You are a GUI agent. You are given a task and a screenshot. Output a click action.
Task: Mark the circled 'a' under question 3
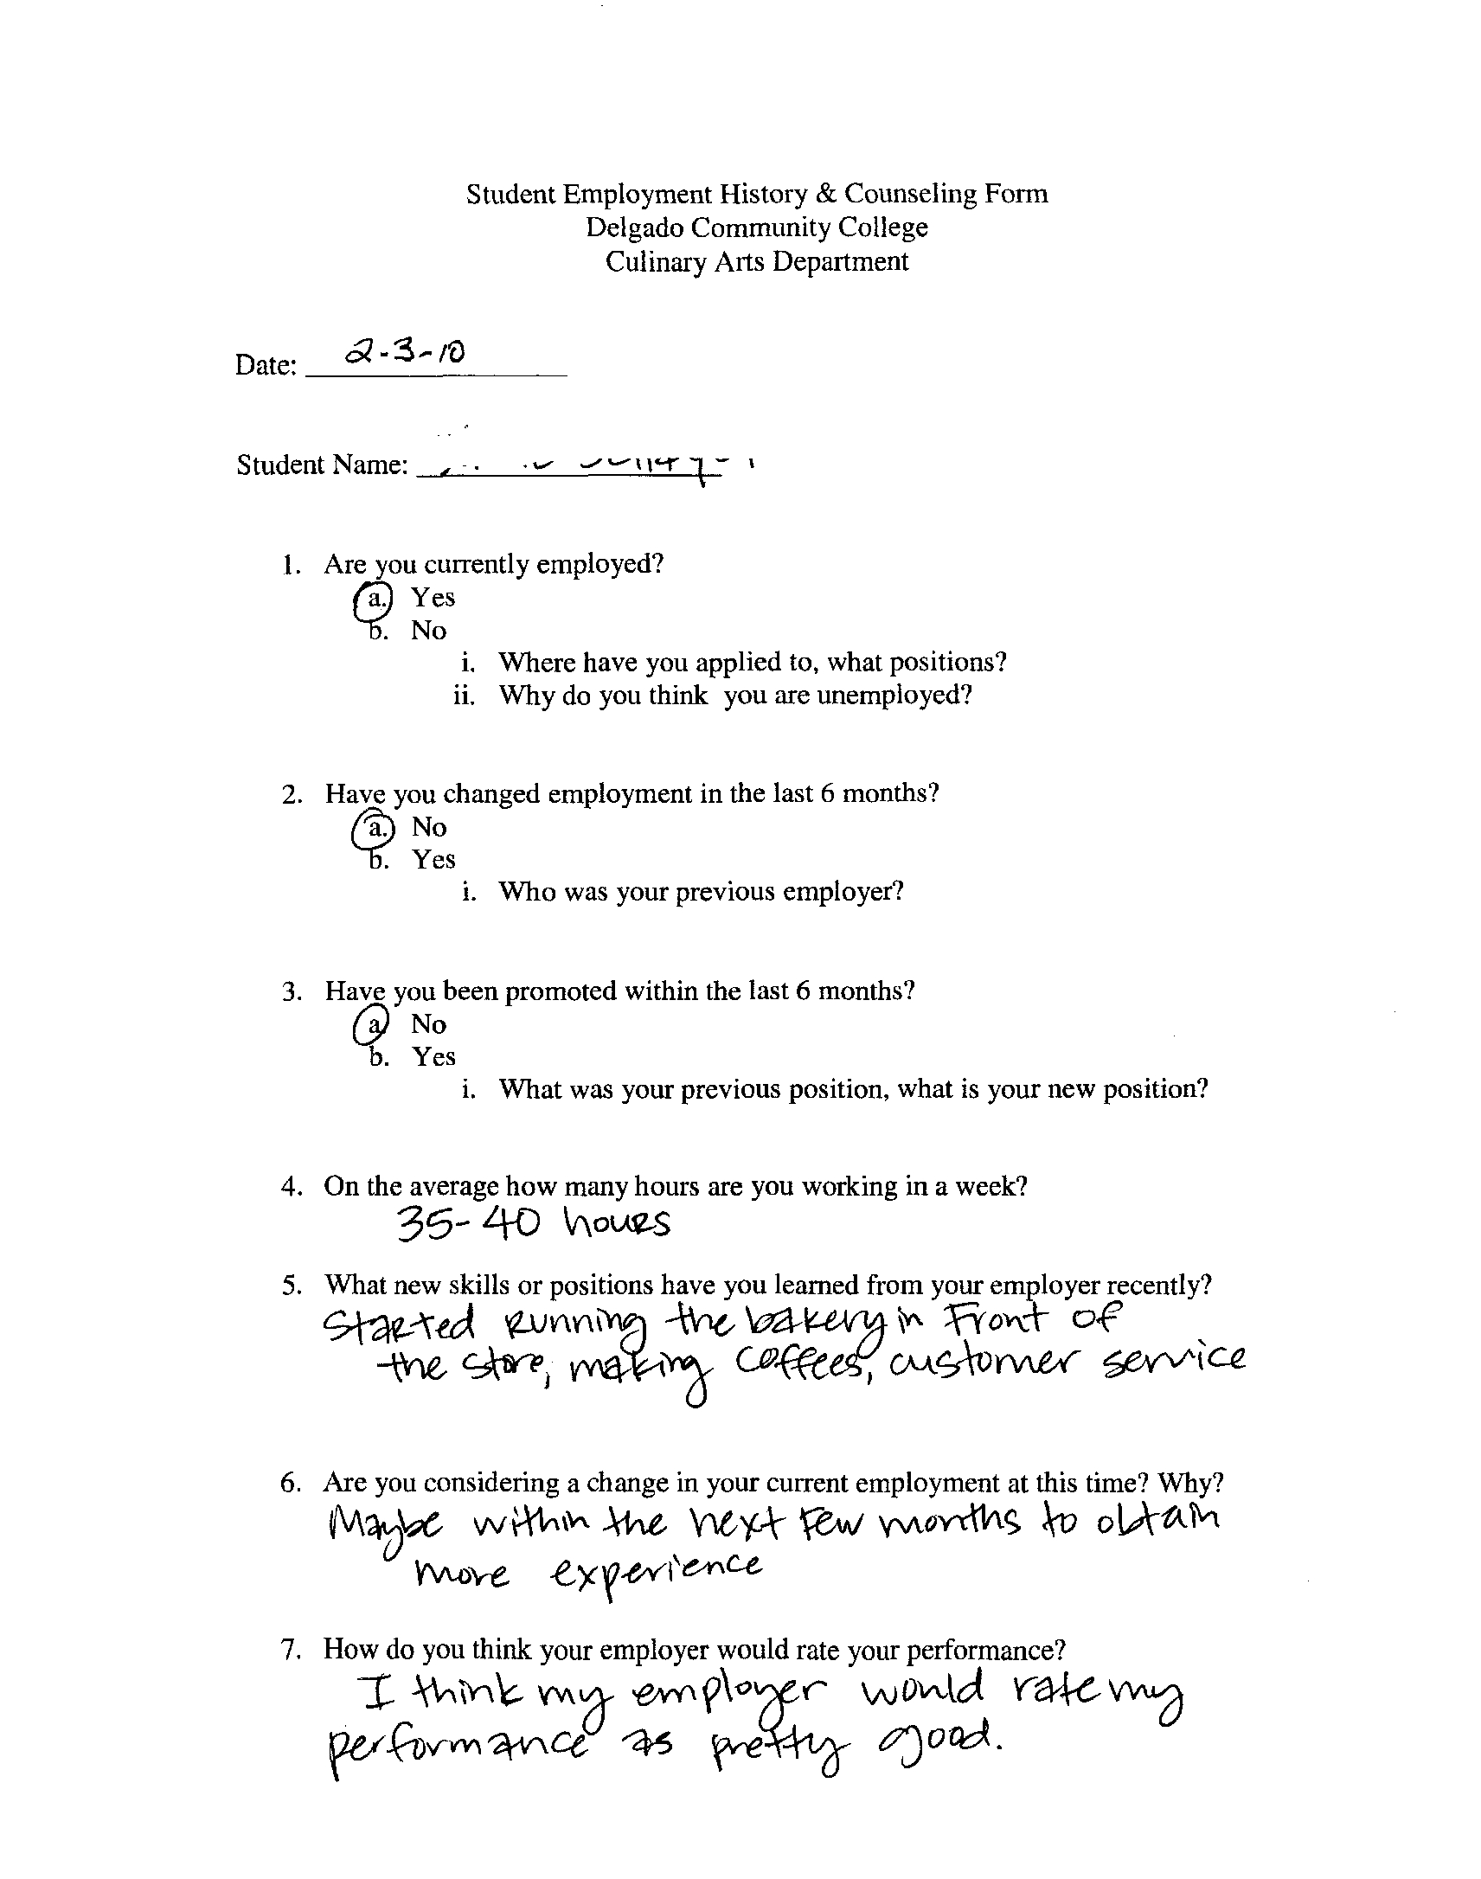click(x=371, y=1025)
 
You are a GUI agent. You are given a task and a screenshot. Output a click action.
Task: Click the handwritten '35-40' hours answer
click(x=468, y=1225)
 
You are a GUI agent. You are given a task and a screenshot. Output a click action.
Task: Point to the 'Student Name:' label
click(x=322, y=465)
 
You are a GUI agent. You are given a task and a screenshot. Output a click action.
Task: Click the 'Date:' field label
click(x=266, y=366)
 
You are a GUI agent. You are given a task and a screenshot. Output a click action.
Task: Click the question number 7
click(x=291, y=1649)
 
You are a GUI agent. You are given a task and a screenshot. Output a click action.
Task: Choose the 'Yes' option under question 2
click(x=433, y=859)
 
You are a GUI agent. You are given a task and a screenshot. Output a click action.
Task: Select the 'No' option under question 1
click(x=428, y=631)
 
